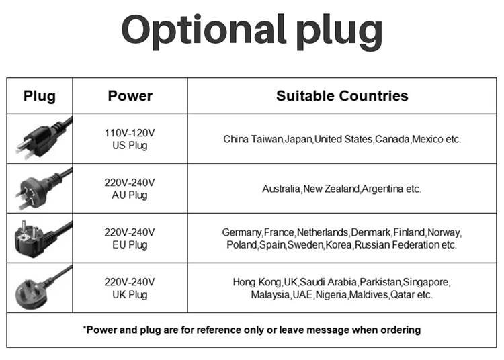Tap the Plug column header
pyautogui.click(x=40, y=96)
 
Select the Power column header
pyautogui.click(x=130, y=96)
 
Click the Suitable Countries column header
pyautogui.click(x=342, y=96)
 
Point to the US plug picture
pyautogui.click(x=43, y=138)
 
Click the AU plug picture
pyautogui.click(x=43, y=189)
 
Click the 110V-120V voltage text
pyautogui.click(x=130, y=132)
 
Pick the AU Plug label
pyautogui.click(x=130, y=195)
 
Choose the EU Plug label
pyautogui.click(x=130, y=245)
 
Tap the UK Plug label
pyautogui.click(x=130, y=295)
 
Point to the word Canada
pyautogui.click(x=392, y=139)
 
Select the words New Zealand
pyautogui.click(x=331, y=189)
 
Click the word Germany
pyautogui.click(x=241, y=232)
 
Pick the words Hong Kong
pyautogui.click(x=257, y=282)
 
